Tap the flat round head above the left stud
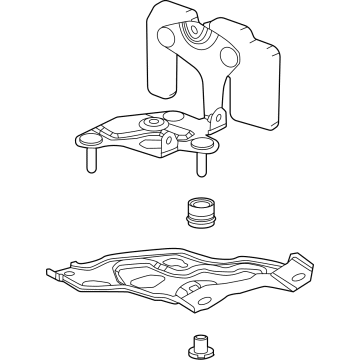coord(91,141)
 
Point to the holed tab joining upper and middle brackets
coord(213,119)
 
